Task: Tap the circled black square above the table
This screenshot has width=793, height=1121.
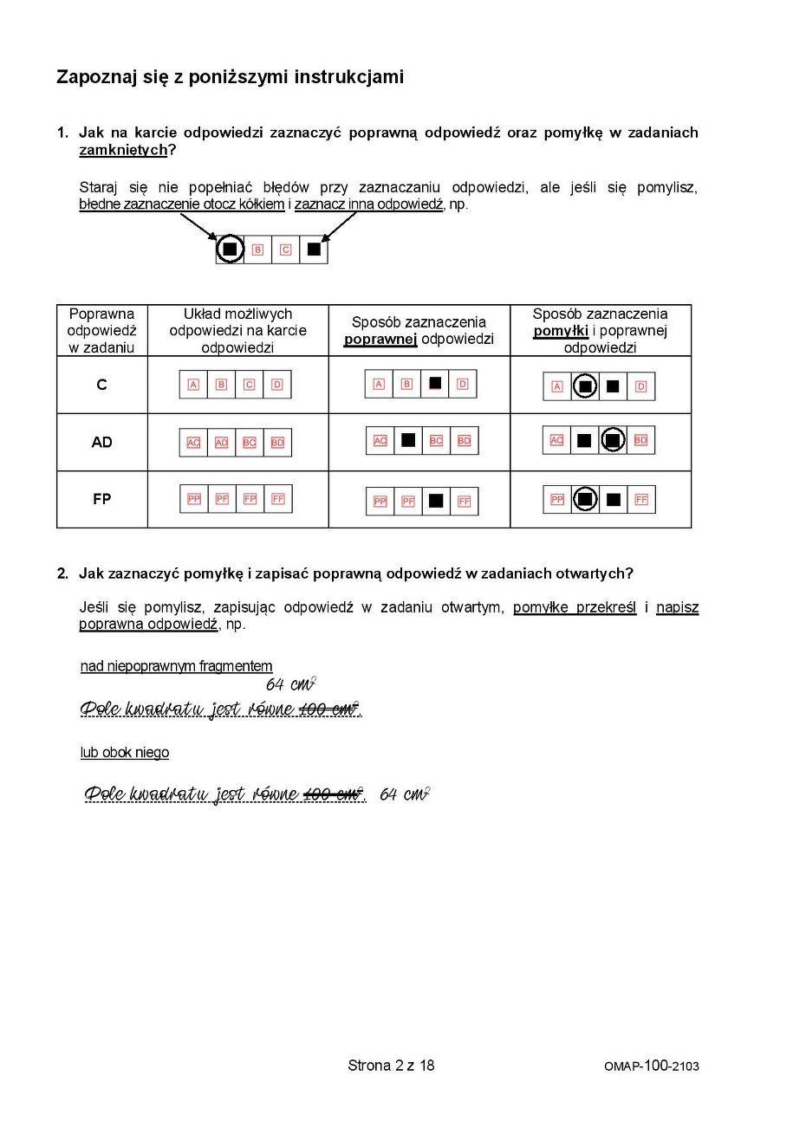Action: click(230, 249)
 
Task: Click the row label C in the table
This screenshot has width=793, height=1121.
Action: click(101, 385)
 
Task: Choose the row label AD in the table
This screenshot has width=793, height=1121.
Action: click(101, 442)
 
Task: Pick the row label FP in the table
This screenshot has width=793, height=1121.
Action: click(101, 499)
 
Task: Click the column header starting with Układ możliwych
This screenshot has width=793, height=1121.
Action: click(237, 330)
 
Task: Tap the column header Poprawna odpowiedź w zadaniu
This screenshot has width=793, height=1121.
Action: click(101, 330)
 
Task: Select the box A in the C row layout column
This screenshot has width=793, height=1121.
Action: click(194, 385)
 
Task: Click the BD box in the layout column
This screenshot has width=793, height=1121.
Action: click(277, 443)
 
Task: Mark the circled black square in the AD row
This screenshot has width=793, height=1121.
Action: click(613, 441)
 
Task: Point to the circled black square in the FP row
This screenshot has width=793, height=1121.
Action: click(585, 499)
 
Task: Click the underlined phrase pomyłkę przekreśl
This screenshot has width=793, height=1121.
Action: click(574, 607)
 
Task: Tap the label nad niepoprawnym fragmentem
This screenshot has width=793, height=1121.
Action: click(176, 666)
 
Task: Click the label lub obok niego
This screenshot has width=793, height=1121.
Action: click(125, 753)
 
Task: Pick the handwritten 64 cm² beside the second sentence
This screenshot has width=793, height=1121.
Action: click(405, 794)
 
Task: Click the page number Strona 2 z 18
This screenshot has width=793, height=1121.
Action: click(391, 1065)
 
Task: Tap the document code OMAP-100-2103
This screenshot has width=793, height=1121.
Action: click(651, 1066)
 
